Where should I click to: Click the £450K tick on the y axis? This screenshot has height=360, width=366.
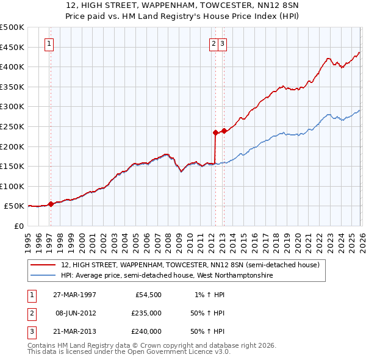tap(12, 47)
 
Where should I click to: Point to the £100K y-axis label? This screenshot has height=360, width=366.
tap(12, 186)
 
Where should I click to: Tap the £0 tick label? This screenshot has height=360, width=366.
tap(20, 226)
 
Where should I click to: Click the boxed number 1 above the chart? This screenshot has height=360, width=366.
tap(49, 43)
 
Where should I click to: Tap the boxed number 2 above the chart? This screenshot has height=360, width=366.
tap(215, 43)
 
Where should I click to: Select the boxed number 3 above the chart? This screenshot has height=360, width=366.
tap(224, 43)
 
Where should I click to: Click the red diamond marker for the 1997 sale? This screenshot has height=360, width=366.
tap(51, 204)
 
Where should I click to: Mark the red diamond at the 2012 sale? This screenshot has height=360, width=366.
tap(215, 132)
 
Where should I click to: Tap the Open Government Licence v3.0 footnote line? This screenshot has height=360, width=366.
tap(129, 352)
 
